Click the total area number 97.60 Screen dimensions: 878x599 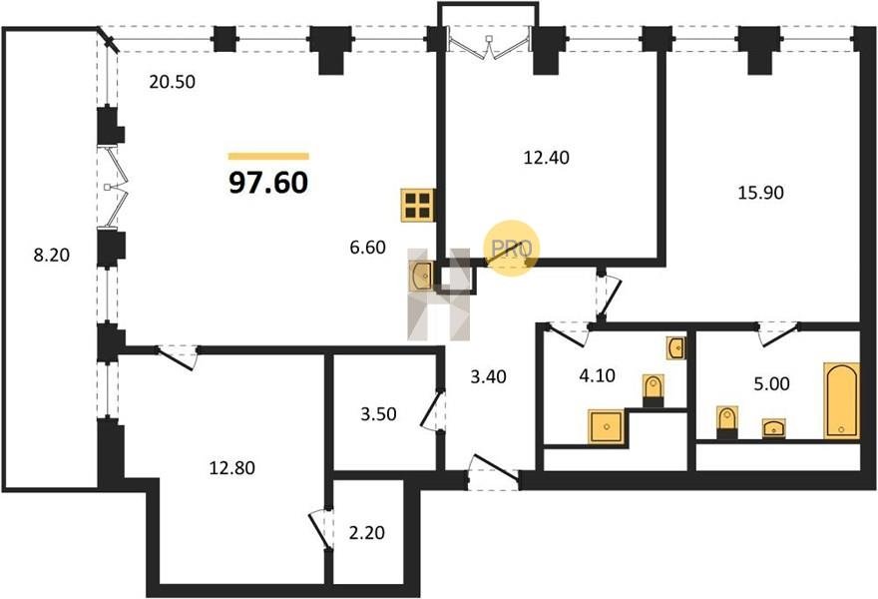click(x=268, y=182)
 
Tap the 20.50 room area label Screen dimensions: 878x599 click(x=173, y=82)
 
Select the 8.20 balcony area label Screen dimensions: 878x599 click(x=52, y=255)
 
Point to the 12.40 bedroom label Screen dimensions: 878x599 click(x=547, y=158)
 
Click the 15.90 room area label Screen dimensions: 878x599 click(x=760, y=193)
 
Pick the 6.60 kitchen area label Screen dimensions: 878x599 click(x=368, y=248)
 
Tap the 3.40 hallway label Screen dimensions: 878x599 click(x=488, y=376)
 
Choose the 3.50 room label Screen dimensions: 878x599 click(x=378, y=414)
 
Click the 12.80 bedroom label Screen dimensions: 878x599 click(x=232, y=467)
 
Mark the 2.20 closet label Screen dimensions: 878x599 click(x=367, y=532)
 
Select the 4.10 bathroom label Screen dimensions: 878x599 click(x=598, y=375)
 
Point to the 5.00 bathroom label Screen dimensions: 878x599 click(x=771, y=383)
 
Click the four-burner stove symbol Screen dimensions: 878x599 click(x=418, y=206)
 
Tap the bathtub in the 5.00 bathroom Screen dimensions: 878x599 click(x=842, y=400)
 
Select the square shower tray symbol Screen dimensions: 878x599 click(x=606, y=426)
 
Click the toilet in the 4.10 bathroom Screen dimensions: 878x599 click(x=653, y=390)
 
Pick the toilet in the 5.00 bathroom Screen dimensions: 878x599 click(x=727, y=422)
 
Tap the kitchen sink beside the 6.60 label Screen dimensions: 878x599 click(x=421, y=277)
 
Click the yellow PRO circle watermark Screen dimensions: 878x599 click(x=511, y=249)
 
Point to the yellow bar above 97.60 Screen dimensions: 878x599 click(x=268, y=157)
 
